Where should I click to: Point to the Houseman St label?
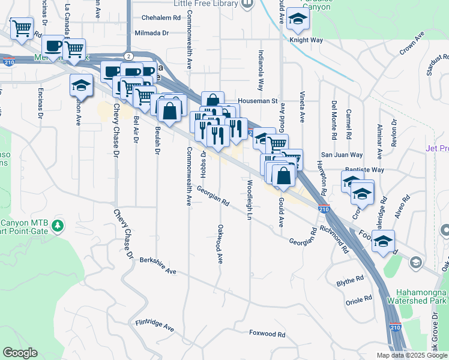(x=257, y=101)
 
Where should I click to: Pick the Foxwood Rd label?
(x=267, y=332)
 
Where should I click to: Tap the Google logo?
(x=20, y=353)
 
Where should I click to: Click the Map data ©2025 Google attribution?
(x=411, y=355)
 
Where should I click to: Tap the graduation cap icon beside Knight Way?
(x=297, y=19)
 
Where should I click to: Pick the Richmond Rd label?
(x=335, y=238)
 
